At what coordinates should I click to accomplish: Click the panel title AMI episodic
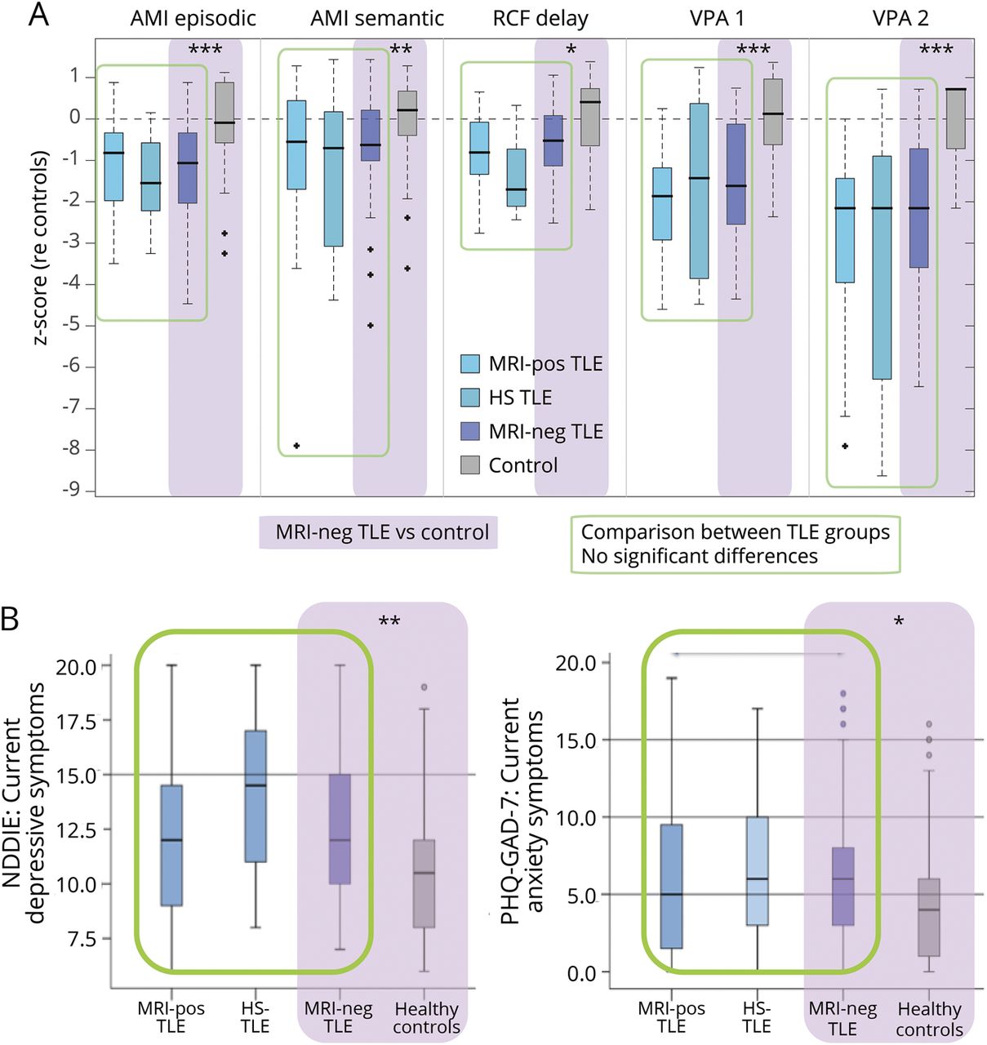(193, 18)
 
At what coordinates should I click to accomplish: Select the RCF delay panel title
(540, 18)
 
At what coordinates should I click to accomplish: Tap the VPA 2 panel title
(900, 18)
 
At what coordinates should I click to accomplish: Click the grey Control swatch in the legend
(470, 465)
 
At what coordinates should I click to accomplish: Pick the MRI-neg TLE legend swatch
(470, 432)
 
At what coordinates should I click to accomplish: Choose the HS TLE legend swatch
(470, 398)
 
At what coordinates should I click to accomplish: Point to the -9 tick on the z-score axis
(73, 490)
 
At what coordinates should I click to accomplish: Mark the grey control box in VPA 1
(773, 112)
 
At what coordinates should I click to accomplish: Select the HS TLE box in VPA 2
(882, 267)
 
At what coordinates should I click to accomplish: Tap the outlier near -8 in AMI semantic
(297, 446)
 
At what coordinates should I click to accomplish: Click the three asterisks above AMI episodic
(205, 51)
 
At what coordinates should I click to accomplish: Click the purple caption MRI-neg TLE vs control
(381, 532)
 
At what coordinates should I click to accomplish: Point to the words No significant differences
(699, 557)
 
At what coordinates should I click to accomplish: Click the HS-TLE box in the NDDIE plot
(256, 796)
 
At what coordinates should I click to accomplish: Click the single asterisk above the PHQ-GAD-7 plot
(899, 623)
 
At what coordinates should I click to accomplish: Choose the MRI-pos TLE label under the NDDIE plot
(171, 1017)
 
